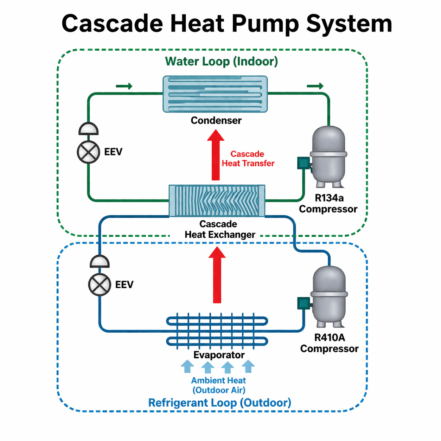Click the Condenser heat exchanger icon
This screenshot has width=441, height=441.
coord(215,94)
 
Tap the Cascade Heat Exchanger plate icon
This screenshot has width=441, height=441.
coord(217,201)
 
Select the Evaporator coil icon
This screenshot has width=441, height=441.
coord(217,331)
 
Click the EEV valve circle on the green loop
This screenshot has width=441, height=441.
coord(88,152)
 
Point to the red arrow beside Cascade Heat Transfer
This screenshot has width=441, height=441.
coord(216,155)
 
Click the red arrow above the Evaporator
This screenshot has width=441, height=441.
coord(217,275)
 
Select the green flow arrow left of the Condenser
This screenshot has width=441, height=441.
coord(124,86)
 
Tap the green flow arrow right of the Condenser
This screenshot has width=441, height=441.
coord(315,86)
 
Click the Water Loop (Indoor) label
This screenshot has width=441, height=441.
coord(222,62)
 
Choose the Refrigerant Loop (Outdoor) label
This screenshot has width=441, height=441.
coord(220,403)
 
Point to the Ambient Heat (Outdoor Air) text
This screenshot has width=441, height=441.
coord(219,385)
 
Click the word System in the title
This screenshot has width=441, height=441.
coord(349,24)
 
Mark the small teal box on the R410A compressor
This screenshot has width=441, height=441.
coord(303,303)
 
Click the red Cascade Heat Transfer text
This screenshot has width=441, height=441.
coord(248,159)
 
